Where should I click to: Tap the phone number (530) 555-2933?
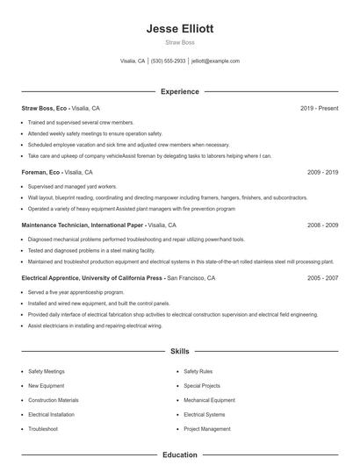(168, 61)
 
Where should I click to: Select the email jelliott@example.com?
(215, 61)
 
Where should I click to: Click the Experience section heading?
(180, 91)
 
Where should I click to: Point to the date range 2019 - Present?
(319, 108)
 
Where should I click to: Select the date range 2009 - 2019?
(322, 173)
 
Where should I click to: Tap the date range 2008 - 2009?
(322, 225)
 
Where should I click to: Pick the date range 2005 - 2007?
(322, 277)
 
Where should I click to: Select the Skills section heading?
(180, 351)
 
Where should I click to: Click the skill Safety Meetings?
(46, 371)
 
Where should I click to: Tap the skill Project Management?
(207, 428)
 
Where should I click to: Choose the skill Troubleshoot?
(42, 428)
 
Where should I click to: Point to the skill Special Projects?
(203, 385)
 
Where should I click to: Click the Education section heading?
(180, 455)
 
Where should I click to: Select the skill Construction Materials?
(54, 399)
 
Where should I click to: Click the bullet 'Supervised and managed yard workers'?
(71, 187)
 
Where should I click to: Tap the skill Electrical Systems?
(205, 414)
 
